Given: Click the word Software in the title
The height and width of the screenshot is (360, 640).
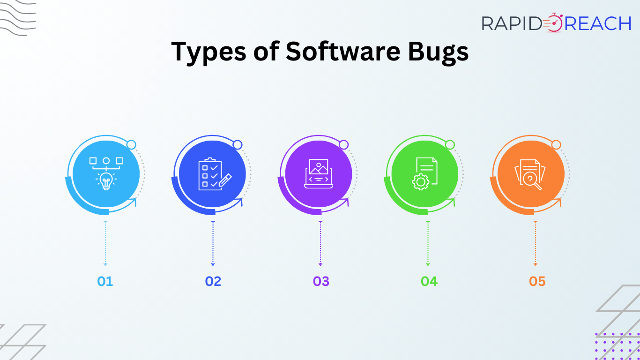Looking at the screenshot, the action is (x=343, y=51).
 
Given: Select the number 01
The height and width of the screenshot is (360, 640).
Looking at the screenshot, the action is (x=105, y=281).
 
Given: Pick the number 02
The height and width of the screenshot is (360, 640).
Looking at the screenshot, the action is (x=213, y=281).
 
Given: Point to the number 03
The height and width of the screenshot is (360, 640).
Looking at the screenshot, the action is (x=321, y=281).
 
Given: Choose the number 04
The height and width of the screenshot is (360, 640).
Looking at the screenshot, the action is (x=429, y=281).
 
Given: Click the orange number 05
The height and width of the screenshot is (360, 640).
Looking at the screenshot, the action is (x=537, y=281).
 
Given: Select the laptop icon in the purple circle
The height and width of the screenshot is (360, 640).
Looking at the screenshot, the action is (x=318, y=173).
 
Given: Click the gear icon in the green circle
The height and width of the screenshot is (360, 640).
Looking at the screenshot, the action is (x=421, y=182).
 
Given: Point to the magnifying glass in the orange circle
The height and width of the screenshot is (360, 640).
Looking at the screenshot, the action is (x=532, y=181).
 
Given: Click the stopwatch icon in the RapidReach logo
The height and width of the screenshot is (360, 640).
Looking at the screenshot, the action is (x=553, y=22).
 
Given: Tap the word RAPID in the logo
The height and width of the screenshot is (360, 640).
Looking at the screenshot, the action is (x=512, y=23).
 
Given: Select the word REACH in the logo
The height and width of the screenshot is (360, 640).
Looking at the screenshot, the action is (x=598, y=23).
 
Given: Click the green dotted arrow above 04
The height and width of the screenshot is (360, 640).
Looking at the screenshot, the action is (x=428, y=243).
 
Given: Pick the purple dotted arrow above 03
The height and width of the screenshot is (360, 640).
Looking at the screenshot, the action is (x=320, y=243).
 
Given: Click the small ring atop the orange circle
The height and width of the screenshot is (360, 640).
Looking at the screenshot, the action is (x=556, y=145).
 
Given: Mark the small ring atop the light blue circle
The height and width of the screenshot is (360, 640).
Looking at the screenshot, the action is (x=131, y=145).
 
